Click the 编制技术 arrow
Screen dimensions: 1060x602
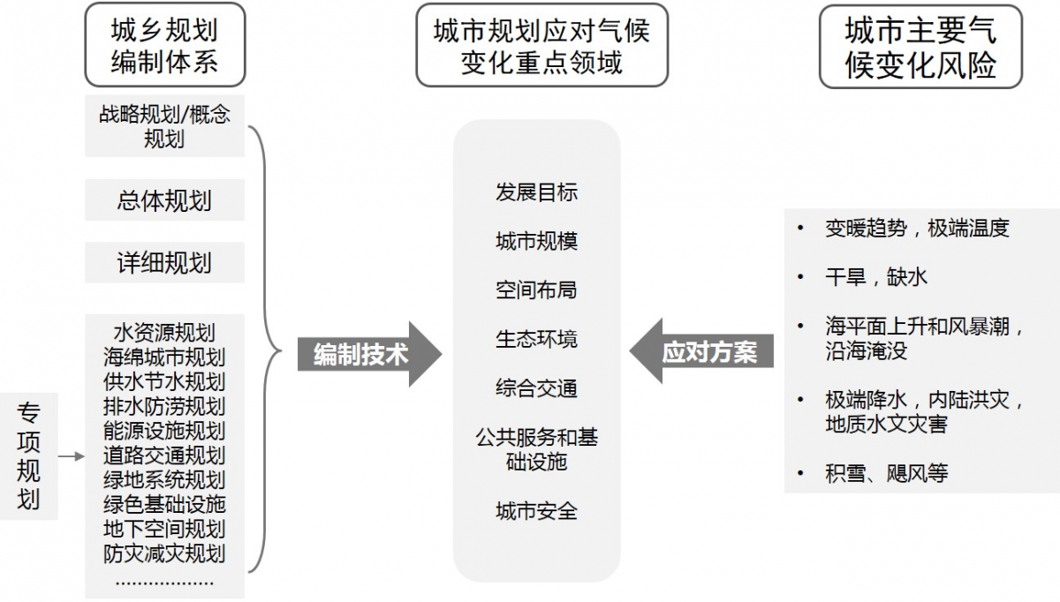tap(369, 354)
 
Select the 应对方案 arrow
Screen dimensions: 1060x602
tap(701, 351)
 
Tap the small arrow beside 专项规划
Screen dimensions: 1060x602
tap(72, 456)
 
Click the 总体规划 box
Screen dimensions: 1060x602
tap(164, 200)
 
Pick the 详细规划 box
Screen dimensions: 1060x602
tap(164, 262)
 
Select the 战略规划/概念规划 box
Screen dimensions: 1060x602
tap(164, 126)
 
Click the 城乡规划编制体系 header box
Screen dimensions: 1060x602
tap(165, 45)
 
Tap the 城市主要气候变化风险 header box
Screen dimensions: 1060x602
tap(920, 47)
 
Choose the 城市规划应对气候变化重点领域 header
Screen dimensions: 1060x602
tap(541, 45)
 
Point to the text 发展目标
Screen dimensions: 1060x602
tap(537, 192)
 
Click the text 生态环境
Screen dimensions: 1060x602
tap(537, 339)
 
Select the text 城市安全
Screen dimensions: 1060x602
tap(537, 511)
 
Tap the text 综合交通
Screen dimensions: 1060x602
tap(537, 388)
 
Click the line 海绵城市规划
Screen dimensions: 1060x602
tap(164, 357)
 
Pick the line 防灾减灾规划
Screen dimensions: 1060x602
tap(164, 553)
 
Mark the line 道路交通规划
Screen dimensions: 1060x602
tap(164, 455)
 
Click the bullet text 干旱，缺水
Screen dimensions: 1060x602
tap(876, 276)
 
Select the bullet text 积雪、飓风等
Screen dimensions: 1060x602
tap(887, 473)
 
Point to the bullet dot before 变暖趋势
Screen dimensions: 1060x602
tap(800, 228)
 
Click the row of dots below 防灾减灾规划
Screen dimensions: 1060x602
tap(164, 583)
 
